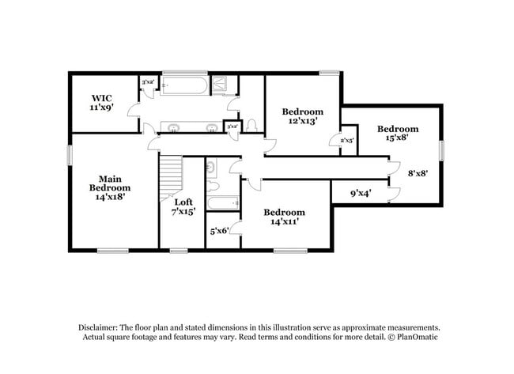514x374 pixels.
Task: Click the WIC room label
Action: click(101, 102)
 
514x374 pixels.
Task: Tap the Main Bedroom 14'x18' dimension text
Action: click(109, 196)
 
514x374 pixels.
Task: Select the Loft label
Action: click(183, 202)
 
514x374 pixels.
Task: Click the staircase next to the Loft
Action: click(172, 178)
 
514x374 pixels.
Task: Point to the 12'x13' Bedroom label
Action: click(303, 116)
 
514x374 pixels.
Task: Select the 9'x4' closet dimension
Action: click(361, 193)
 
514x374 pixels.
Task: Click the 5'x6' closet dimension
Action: click(219, 231)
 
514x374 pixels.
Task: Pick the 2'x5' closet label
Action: click(346, 140)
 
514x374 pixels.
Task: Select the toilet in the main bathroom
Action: click(251, 126)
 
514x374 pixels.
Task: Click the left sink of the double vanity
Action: click(173, 127)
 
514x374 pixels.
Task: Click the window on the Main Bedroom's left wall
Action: click(70, 154)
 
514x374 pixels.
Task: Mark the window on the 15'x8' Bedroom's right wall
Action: click(441, 150)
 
